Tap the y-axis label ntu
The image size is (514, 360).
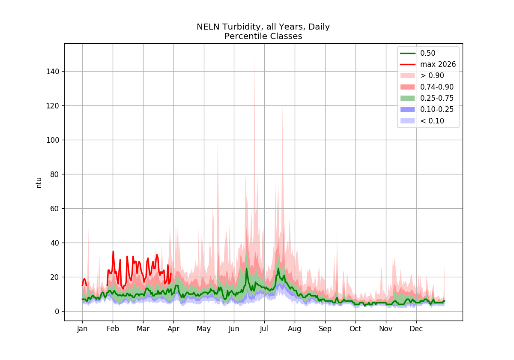point(39,183)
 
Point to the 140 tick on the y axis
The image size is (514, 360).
point(53,72)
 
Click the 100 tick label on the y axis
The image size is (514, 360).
point(53,140)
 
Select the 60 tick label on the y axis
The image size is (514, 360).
point(55,209)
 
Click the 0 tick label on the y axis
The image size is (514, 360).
point(57,312)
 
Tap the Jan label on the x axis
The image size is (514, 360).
point(82,329)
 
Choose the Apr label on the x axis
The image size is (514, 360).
point(173,329)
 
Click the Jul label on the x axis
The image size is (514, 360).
point(264,329)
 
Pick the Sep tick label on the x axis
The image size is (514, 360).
point(325,329)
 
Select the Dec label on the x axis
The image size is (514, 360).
point(416,329)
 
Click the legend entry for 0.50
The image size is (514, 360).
point(428,53)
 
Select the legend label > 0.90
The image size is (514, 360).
point(432,75)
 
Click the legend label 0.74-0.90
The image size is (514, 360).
point(437,87)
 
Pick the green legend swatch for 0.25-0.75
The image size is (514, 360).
point(407,98)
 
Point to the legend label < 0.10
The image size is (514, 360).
point(432,121)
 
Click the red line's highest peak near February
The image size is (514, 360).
point(113,252)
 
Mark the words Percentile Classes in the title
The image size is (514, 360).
point(263,36)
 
